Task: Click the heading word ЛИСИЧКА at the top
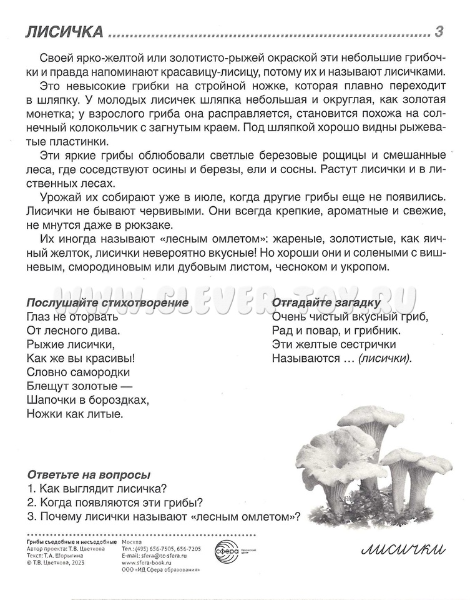pyautogui.click(x=64, y=32)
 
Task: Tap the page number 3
pyautogui.click(x=439, y=31)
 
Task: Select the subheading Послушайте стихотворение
pyautogui.click(x=107, y=303)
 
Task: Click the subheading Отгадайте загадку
pyautogui.click(x=326, y=303)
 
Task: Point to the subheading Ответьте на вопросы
pyautogui.click(x=89, y=475)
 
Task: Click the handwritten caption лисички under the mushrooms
pyautogui.click(x=403, y=549)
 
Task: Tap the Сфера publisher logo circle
pyautogui.click(x=226, y=552)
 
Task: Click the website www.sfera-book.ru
pyautogui.click(x=147, y=563)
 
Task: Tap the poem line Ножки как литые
pyautogui.click(x=75, y=414)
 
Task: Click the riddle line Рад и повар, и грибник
pyautogui.click(x=336, y=331)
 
